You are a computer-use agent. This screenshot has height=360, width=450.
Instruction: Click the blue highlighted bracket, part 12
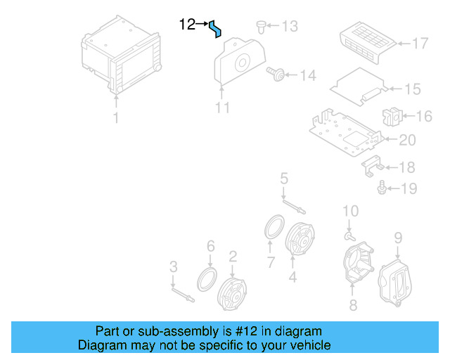click(216, 29)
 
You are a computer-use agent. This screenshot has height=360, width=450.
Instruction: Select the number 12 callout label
click(187, 25)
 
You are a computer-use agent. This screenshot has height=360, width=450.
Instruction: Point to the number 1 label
click(116, 118)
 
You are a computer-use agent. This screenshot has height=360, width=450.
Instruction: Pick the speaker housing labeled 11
click(238, 64)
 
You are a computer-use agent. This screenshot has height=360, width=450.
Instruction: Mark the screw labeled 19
click(382, 188)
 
